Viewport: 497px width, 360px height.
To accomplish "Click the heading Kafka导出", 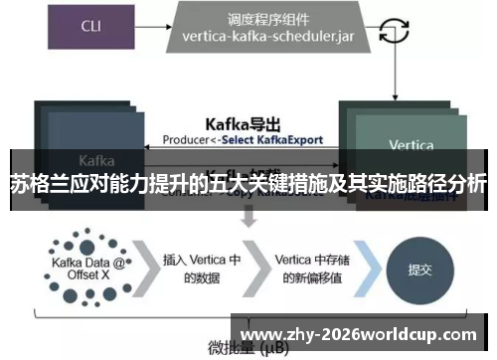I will coord(243,125).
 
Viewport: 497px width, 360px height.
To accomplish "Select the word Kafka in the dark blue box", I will coord(96,159).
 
